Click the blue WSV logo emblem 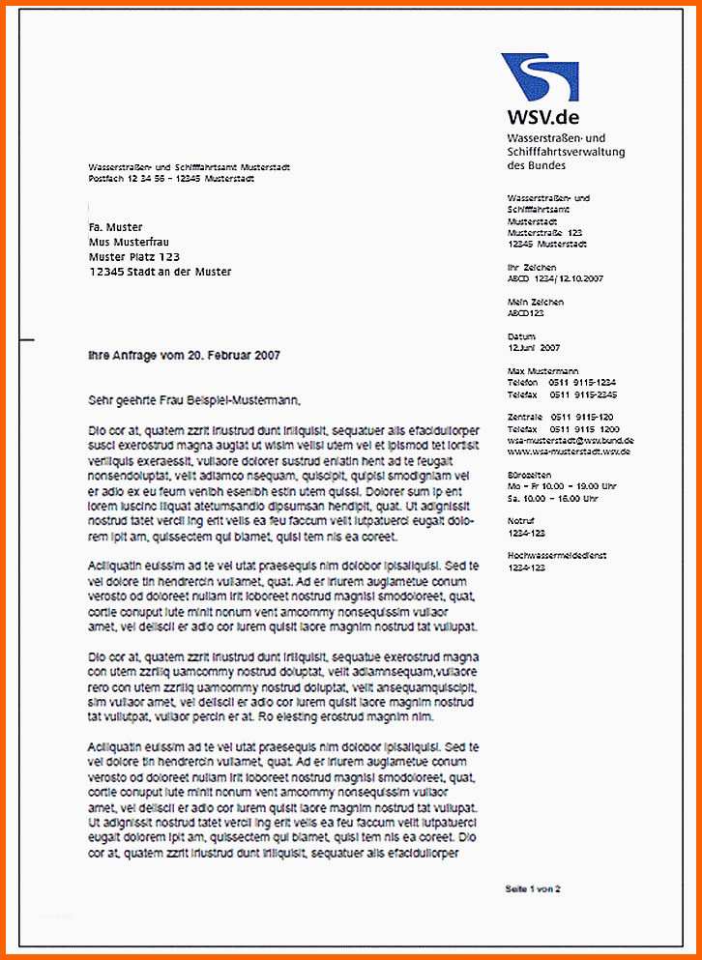540,77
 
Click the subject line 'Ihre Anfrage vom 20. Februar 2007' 184,356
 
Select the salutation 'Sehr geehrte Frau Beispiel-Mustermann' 194,399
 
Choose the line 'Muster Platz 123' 133,257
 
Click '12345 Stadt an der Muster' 160,272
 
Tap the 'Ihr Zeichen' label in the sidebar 531,267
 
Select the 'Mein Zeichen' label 535,302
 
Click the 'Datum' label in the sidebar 520,336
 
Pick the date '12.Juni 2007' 534,347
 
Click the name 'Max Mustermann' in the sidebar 542,371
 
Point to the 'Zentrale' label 523,417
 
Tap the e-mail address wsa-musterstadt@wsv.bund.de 570,440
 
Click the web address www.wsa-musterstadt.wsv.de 569,451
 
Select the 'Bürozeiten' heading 529,476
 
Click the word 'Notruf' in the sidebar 521,521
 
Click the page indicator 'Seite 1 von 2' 532,887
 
